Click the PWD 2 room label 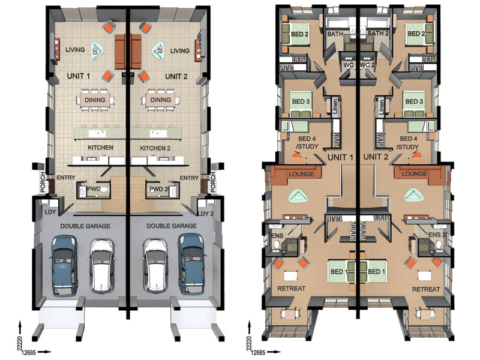tap(158, 189)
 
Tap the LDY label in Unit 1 tap(50, 212)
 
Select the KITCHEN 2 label tap(155, 148)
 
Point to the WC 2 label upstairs tap(367, 65)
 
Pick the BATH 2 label tap(378, 34)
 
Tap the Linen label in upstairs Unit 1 tap(335, 106)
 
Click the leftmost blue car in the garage tap(64, 265)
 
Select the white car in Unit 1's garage tap(102, 265)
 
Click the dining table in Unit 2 tap(160, 100)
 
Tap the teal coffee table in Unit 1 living tap(97, 51)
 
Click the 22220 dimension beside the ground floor tap(20, 343)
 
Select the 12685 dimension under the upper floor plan tap(258, 353)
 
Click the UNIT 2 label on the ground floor tap(176, 77)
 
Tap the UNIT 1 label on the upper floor tap(340, 157)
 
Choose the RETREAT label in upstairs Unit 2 tap(426, 289)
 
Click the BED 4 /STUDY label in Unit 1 tap(307, 143)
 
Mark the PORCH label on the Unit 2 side tap(214, 182)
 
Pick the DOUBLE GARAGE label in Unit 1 tap(85, 226)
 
